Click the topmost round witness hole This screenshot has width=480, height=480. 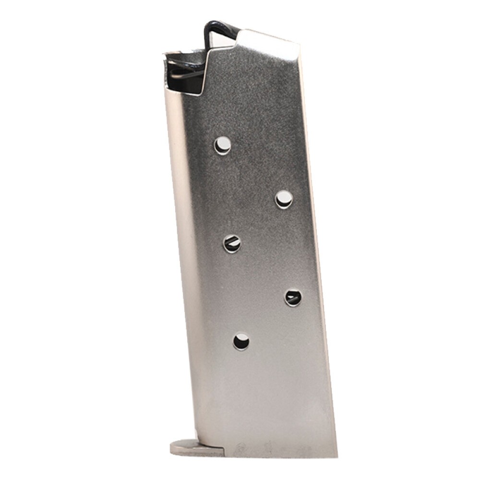[x=222, y=144]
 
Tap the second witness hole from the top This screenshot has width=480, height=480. [x=284, y=199]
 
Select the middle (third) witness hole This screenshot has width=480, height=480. [x=232, y=243]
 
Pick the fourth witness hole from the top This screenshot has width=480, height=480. [x=293, y=298]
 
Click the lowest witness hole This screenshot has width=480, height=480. [x=241, y=341]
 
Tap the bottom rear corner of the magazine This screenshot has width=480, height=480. [x=335, y=455]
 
